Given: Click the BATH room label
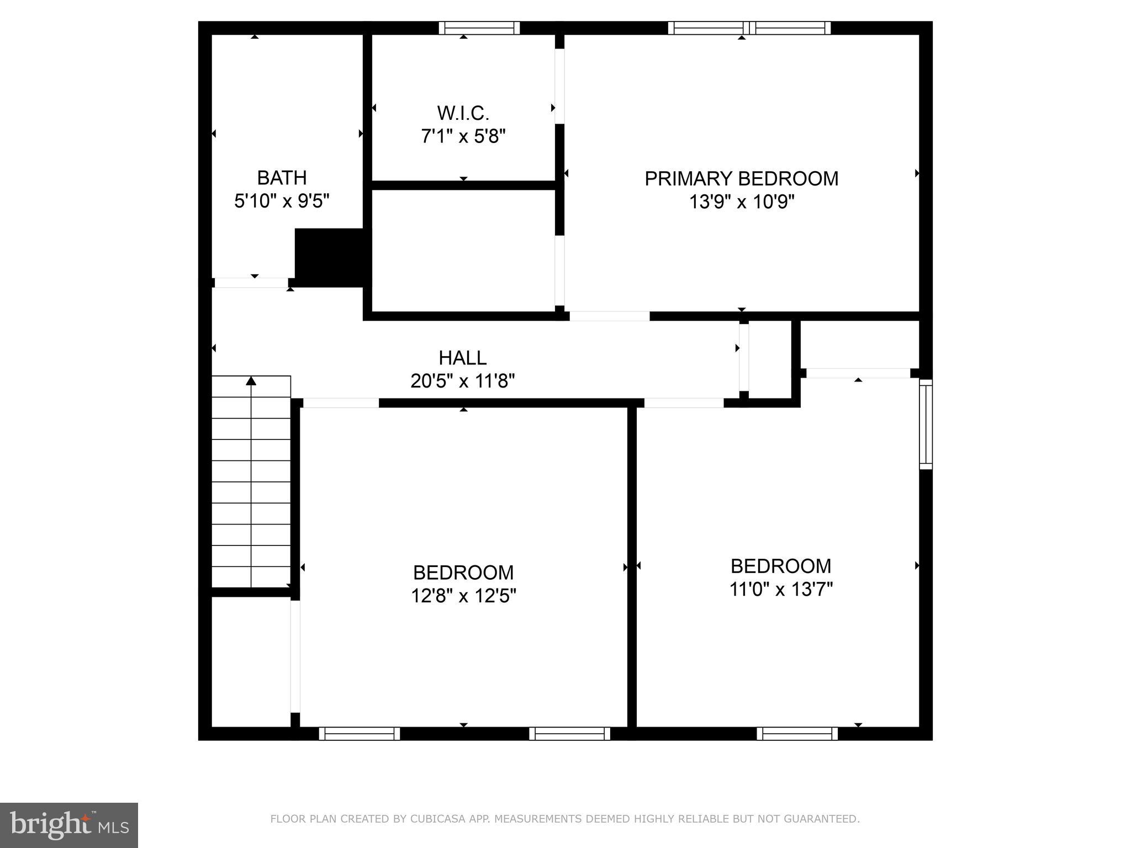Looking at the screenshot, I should pyautogui.click(x=282, y=178).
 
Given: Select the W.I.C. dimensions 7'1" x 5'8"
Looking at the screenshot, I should pyautogui.click(x=463, y=136).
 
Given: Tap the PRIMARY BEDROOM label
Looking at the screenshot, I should pyautogui.click(x=741, y=179).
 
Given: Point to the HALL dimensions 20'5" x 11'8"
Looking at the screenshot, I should pyautogui.click(x=462, y=381).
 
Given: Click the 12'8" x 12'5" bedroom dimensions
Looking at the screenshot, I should pyautogui.click(x=463, y=596).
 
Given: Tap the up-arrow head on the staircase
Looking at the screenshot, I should pyautogui.click(x=251, y=381).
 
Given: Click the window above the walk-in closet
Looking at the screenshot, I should pyautogui.click(x=479, y=28).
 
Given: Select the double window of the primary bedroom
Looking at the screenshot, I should pyautogui.click(x=749, y=28).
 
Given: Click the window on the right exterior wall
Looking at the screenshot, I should pyautogui.click(x=926, y=424).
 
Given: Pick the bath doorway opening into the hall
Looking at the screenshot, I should pyautogui.click(x=251, y=283).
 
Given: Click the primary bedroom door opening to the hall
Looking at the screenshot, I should pyautogui.click(x=609, y=316).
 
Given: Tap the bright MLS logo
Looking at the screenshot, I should pyautogui.click(x=68, y=825).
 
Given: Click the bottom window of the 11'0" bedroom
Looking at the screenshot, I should pyautogui.click(x=796, y=734).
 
